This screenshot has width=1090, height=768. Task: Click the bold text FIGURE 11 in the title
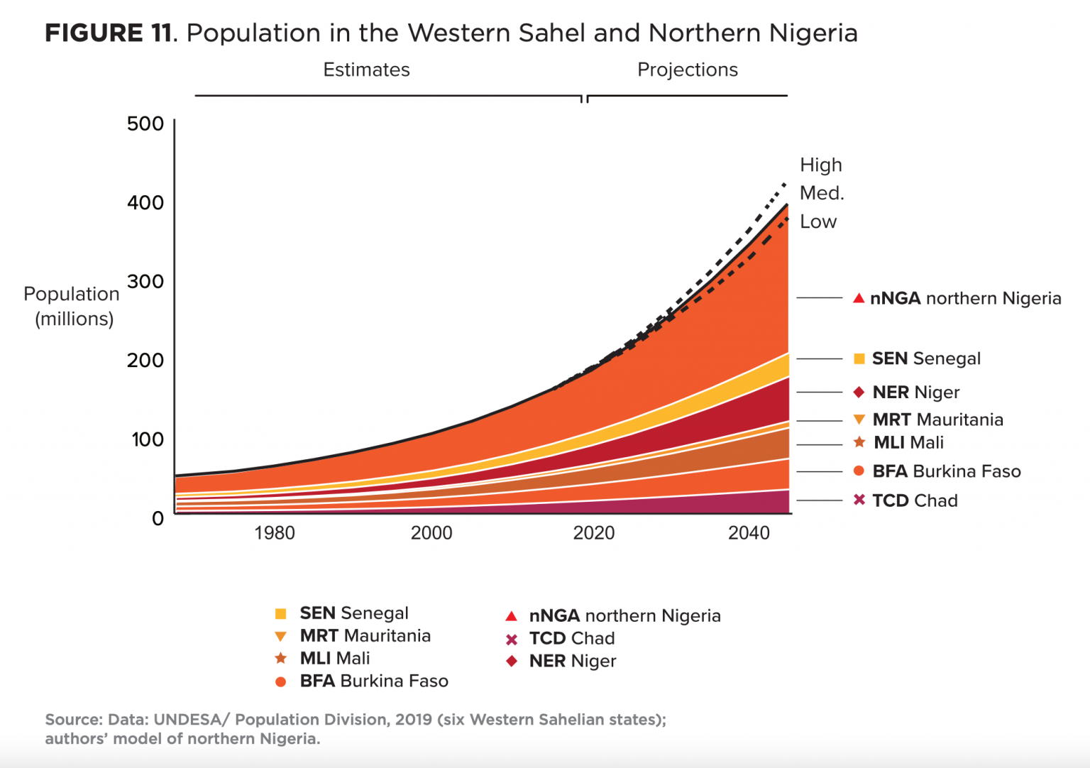click(109, 33)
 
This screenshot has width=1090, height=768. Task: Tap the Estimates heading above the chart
click(366, 70)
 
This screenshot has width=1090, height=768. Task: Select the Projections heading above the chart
click(687, 70)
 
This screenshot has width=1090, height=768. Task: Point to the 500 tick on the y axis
click(145, 124)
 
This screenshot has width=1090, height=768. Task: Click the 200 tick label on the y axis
click(145, 360)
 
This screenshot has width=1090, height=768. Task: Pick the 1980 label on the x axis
click(275, 533)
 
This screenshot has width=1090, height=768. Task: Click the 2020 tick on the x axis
click(593, 533)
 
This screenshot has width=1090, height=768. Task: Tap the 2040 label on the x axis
click(749, 533)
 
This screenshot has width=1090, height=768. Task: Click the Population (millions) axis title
click(71, 306)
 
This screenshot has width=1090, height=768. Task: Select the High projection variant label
click(821, 165)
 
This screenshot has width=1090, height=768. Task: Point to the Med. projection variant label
click(822, 193)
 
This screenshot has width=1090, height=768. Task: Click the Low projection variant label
click(818, 221)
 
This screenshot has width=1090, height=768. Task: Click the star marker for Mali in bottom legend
click(281, 658)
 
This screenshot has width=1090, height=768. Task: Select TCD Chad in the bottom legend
click(571, 638)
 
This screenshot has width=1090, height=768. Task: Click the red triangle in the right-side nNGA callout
click(859, 298)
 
